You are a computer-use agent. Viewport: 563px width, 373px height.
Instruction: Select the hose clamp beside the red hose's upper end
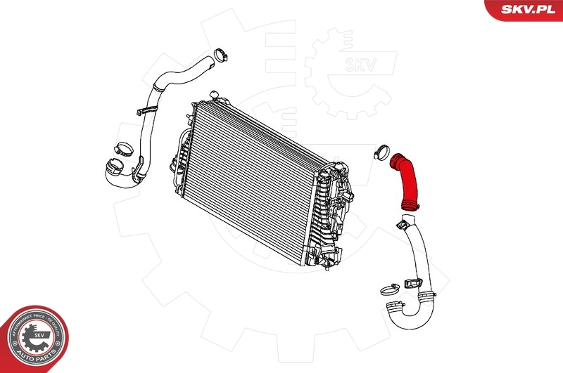[383, 150]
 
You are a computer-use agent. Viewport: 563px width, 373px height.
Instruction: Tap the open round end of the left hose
[113, 169]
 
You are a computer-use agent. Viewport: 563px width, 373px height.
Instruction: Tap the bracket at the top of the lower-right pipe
[403, 224]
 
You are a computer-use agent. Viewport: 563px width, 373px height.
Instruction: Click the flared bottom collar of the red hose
[410, 205]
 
